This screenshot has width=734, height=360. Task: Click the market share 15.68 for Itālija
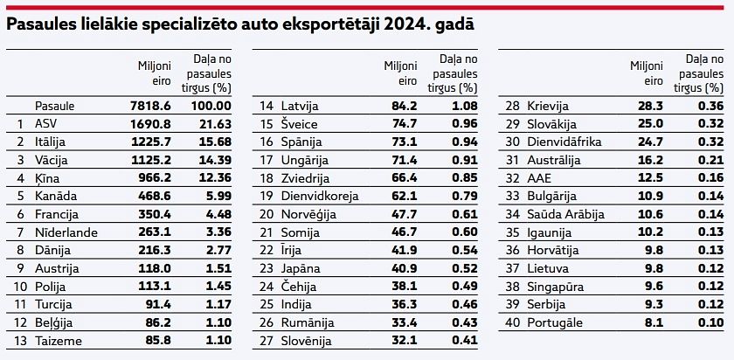(x=213, y=142)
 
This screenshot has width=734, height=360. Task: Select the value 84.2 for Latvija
(x=403, y=106)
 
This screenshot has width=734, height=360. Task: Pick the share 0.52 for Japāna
(x=460, y=268)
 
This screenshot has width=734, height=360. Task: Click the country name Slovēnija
(x=307, y=341)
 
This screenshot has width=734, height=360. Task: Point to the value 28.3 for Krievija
(x=649, y=106)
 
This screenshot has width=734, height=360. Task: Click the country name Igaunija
(x=549, y=232)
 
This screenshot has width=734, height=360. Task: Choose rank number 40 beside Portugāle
(x=514, y=322)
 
